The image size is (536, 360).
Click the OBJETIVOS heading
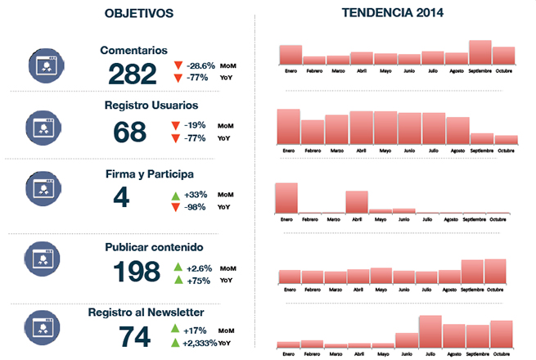[x=139, y=13]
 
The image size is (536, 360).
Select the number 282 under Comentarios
[x=132, y=74]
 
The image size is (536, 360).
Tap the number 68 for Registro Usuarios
[x=129, y=131]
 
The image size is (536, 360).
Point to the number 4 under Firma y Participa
[x=120, y=197]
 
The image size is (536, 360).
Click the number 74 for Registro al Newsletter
[x=136, y=336]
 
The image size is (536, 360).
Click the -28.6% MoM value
[x=200, y=64]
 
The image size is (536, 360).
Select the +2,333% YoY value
[x=200, y=343]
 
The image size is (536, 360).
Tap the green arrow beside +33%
[x=174, y=195]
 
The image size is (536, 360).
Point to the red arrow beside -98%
[x=174, y=208]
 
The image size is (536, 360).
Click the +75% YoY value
[x=199, y=281]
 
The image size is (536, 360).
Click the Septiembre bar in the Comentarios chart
[x=480, y=52]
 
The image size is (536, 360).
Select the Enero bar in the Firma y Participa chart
[x=286, y=198]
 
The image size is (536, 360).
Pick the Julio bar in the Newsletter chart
[x=430, y=331]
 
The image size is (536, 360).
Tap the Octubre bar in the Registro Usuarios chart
[x=506, y=140]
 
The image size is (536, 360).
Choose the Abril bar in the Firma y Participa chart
[x=357, y=202]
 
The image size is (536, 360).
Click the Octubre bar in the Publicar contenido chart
[x=496, y=271]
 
